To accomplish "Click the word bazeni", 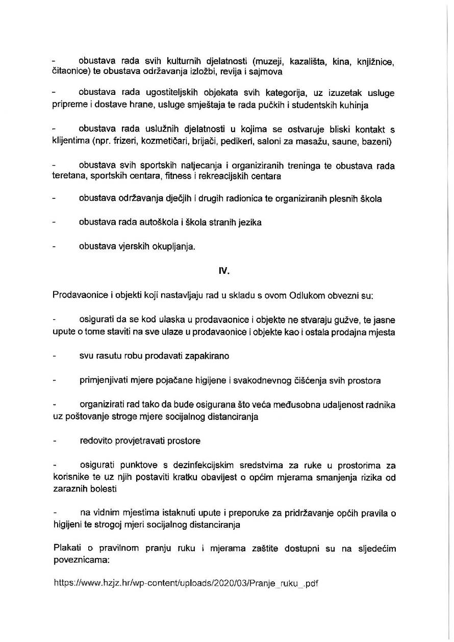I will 375,141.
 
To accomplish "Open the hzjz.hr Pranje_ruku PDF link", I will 186,583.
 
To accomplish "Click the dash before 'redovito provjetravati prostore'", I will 55,440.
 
